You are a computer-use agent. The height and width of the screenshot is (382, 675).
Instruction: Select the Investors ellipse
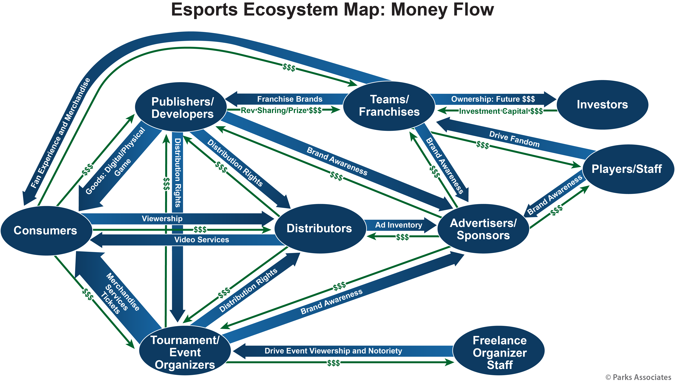click(602, 105)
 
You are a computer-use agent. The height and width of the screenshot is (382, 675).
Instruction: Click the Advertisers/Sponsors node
click(483, 229)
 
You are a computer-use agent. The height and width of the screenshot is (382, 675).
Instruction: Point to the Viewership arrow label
click(162, 219)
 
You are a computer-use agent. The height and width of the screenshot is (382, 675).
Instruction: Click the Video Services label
click(201, 240)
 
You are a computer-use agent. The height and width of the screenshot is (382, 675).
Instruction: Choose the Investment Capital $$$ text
click(501, 111)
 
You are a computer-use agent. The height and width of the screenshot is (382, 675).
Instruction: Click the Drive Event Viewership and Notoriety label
click(333, 351)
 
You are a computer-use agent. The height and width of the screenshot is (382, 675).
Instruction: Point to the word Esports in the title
click(204, 10)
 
